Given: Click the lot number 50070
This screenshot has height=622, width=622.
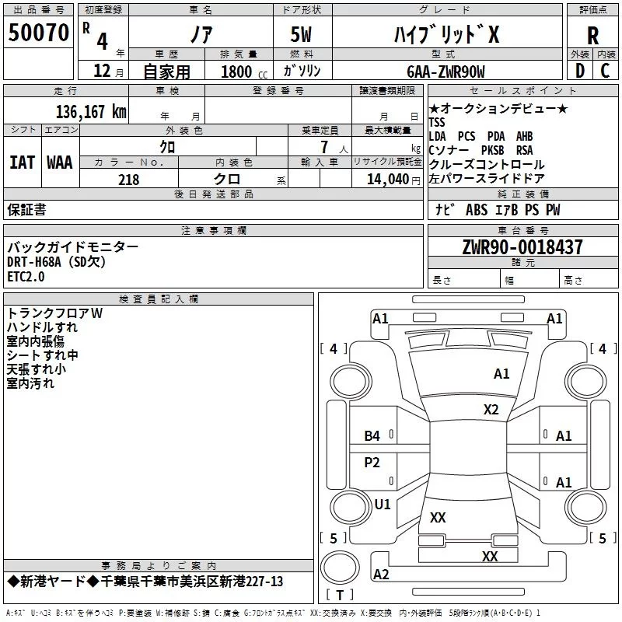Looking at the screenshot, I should pos(39,33).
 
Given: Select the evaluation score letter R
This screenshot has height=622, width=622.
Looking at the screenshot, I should pos(592,35).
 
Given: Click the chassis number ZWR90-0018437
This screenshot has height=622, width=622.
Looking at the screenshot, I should pos(522,248).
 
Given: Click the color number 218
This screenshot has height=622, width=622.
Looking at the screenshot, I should pos(129,180).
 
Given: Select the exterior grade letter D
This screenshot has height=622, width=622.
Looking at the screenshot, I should pos(578,71).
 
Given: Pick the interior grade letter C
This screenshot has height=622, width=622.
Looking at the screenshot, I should pos(605,71).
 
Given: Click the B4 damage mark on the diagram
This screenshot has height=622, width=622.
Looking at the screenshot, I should pos(372,436).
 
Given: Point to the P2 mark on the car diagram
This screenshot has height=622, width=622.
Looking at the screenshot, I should pos(372,463).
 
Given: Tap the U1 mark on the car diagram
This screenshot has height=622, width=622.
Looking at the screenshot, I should pos(383,504).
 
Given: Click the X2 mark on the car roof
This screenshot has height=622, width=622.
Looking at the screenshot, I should pos(491,409).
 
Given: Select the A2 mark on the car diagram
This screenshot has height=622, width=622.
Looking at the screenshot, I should pos(381,575).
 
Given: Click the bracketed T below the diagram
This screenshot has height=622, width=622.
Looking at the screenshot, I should pos(339,596).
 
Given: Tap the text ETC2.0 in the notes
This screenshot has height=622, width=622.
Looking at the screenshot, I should pos(26,276).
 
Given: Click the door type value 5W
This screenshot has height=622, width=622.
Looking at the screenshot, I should pos(302,35).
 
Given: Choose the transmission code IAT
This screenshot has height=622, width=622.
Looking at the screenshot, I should pos(22,162).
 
